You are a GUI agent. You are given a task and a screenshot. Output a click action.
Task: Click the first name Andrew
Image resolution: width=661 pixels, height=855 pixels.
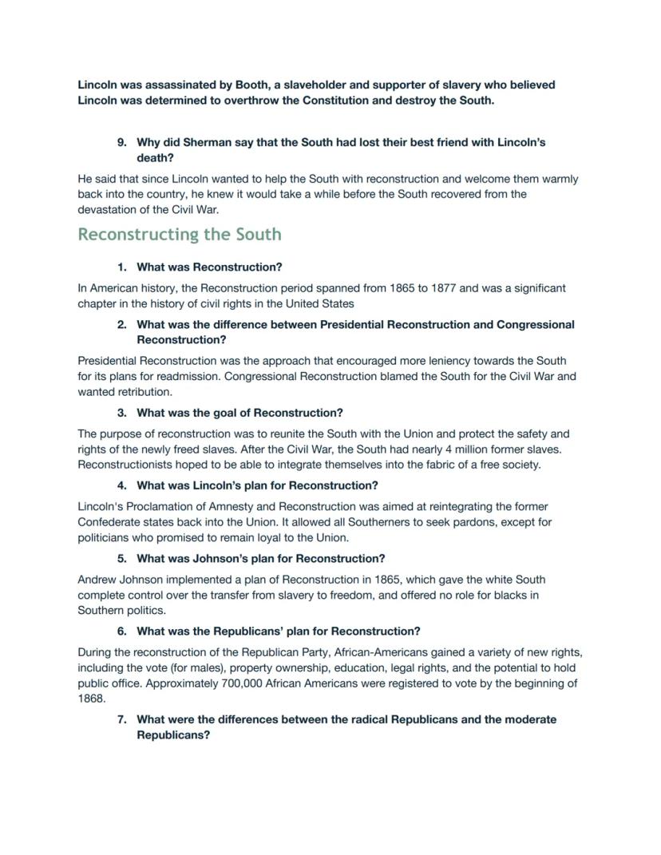pyautogui.click(x=97, y=580)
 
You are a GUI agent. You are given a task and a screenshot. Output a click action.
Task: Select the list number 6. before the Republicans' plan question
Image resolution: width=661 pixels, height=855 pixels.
pyautogui.click(x=121, y=631)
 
